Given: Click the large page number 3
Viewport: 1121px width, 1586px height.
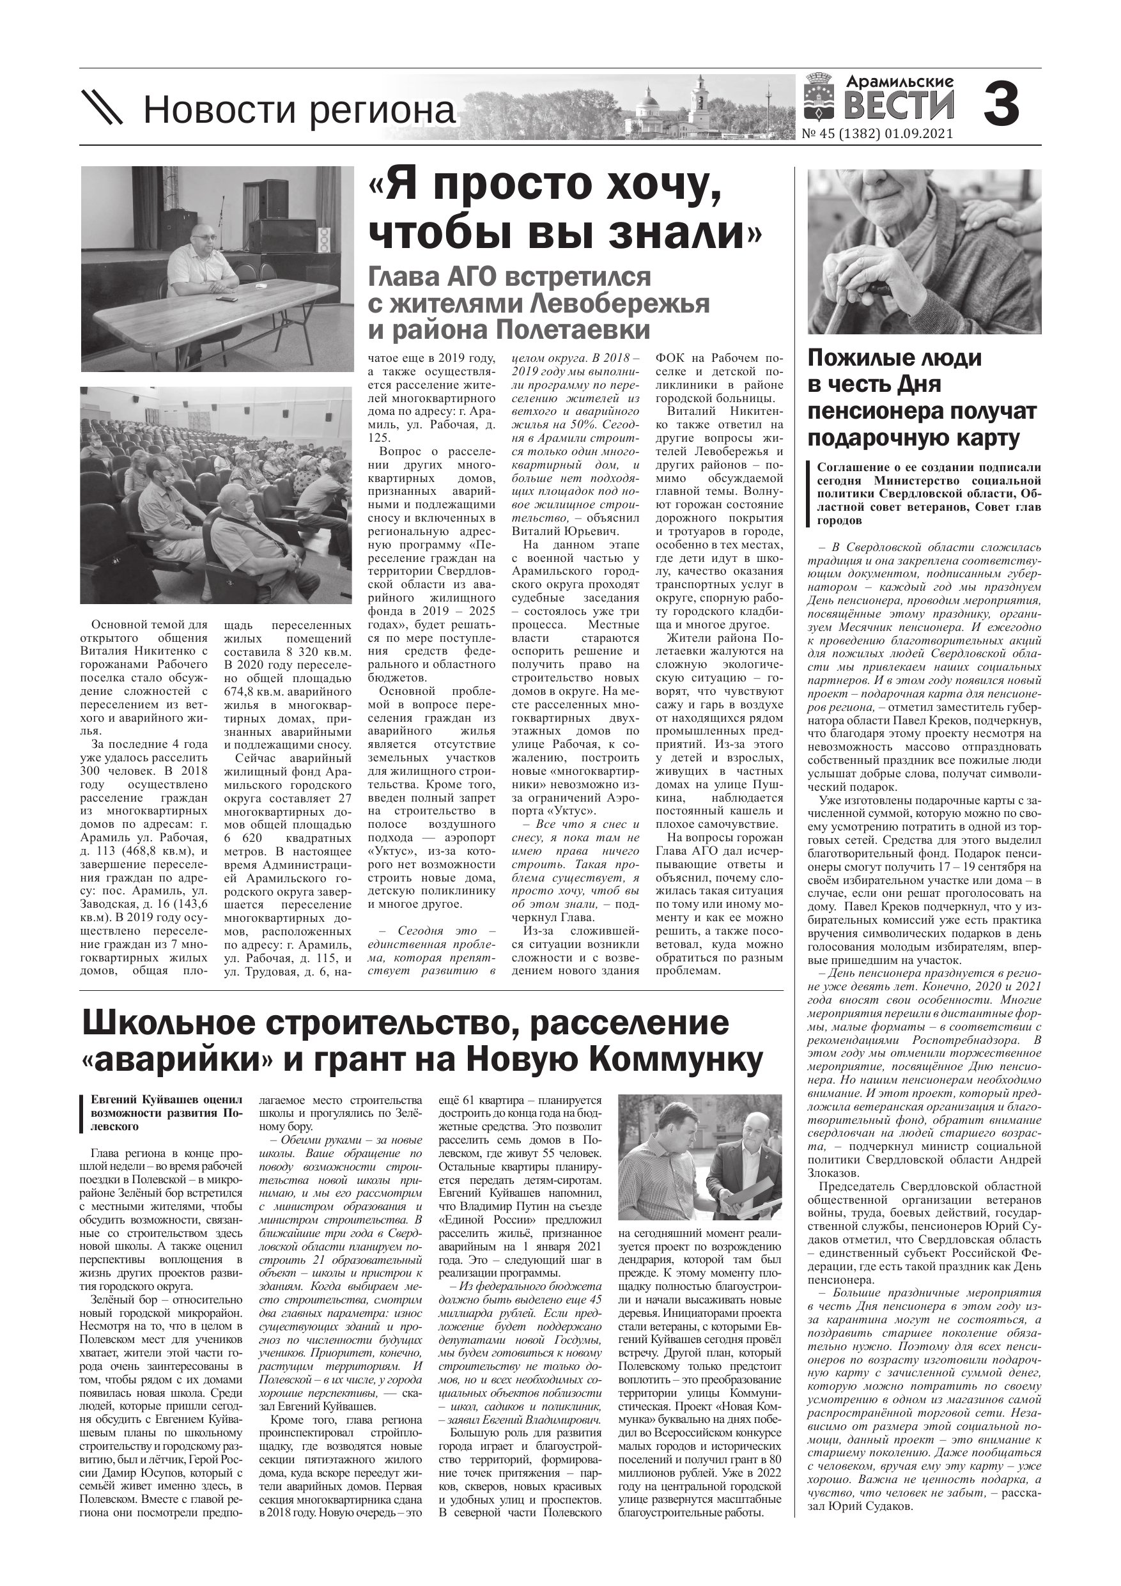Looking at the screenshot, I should pos(1001,104).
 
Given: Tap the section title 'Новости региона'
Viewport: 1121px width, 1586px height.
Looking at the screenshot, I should pos(299,111).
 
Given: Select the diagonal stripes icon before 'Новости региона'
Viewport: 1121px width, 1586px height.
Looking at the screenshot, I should pos(102,108).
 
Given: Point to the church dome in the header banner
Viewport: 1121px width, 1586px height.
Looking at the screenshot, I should pos(650,97).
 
